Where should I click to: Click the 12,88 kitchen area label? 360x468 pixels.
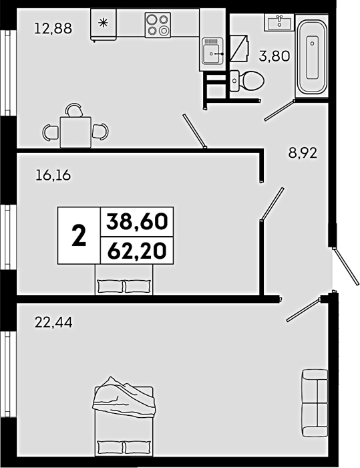(x=53, y=29)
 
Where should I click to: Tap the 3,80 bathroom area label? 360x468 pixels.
(x=275, y=55)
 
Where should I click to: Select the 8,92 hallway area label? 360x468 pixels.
(x=303, y=153)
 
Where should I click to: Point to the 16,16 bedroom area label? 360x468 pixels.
(x=53, y=175)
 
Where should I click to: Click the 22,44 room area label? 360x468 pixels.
(x=53, y=322)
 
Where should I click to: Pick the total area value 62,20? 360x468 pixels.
(x=137, y=251)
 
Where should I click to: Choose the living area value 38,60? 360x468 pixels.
(x=137, y=222)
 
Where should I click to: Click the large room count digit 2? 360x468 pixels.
(x=79, y=235)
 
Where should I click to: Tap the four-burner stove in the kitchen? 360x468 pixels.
(x=158, y=25)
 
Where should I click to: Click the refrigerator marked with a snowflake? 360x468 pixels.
(x=104, y=25)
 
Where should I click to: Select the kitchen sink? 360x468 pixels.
(x=212, y=51)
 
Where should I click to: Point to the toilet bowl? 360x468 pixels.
(x=247, y=81)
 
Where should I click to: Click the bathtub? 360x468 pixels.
(x=313, y=57)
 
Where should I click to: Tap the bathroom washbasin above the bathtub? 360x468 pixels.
(x=279, y=22)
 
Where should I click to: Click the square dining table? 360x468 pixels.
(x=75, y=132)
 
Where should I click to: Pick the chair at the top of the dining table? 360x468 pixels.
(x=74, y=110)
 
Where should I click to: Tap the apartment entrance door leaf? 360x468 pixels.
(x=347, y=266)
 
